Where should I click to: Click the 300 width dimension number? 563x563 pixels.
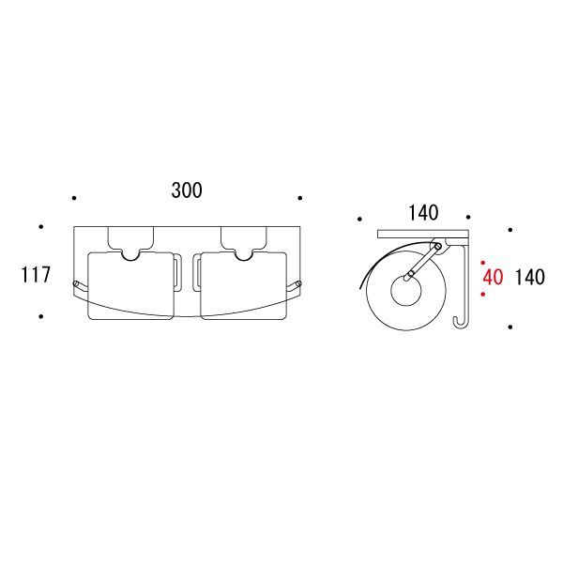[187, 190]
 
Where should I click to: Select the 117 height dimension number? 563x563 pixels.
[36, 275]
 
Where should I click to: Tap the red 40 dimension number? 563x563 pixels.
[493, 277]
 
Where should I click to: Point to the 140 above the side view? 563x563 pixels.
[423, 213]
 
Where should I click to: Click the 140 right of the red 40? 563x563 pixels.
[529, 277]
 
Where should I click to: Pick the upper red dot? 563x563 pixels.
[483, 263]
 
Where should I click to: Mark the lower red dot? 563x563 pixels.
[483, 295]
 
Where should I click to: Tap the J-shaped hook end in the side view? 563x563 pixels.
[460, 323]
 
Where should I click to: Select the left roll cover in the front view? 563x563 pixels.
[131, 285]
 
